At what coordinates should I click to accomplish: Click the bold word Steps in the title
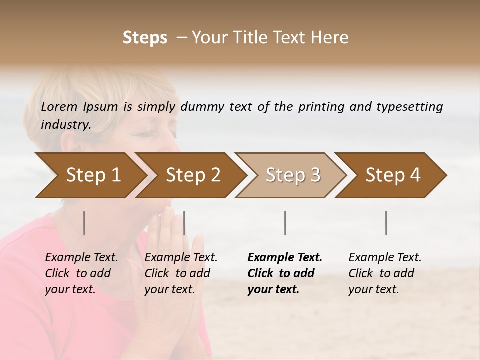pyautogui.click(x=145, y=38)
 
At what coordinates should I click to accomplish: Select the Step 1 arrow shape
pyautogui.click(x=90, y=175)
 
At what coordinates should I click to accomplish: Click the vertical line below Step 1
pyautogui.click(x=84, y=223)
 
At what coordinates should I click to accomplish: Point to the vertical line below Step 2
pyautogui.click(x=184, y=223)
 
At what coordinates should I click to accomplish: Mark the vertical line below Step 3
pyautogui.click(x=285, y=223)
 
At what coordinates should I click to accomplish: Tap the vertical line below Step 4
pyautogui.click(x=386, y=223)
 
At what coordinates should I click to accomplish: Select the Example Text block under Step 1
pyautogui.click(x=81, y=273)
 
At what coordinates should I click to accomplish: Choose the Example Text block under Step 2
pyautogui.click(x=181, y=273)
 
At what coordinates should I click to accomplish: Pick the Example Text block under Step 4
pyautogui.click(x=385, y=273)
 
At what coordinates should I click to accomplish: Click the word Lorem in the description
pyautogui.click(x=59, y=106)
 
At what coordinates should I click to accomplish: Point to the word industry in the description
pyautogui.click(x=65, y=125)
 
